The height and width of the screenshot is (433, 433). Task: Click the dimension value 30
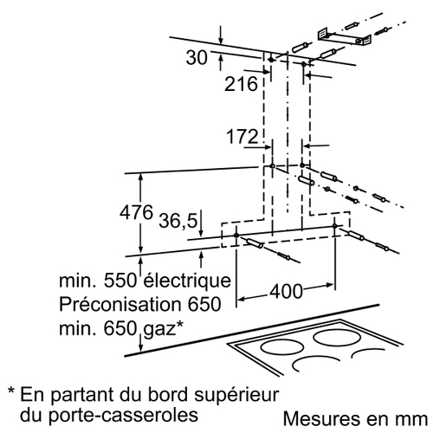197,57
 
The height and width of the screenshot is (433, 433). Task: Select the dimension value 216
241,84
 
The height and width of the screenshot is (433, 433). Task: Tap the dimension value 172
242,136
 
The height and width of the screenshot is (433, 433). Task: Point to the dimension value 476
136,212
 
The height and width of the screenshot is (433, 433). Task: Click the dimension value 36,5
178,221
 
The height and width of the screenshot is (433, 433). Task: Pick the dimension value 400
286,291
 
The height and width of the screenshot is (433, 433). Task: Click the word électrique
187,280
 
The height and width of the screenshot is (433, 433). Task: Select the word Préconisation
120,304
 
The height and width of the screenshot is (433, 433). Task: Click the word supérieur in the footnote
236,395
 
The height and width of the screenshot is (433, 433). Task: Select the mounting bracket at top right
344,38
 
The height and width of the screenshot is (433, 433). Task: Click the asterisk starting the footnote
11,391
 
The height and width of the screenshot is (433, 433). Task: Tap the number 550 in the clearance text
120,280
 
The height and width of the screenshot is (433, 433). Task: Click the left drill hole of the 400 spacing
236,235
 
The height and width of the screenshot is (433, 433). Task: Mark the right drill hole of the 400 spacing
334,226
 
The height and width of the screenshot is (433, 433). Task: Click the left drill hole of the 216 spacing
271,60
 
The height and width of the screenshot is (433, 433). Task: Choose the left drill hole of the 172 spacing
272,166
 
